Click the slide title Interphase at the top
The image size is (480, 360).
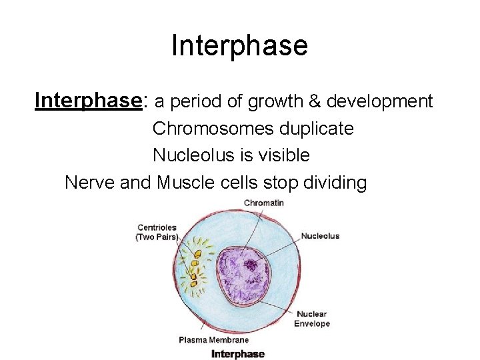tap(239, 45)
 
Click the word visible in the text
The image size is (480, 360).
tap(285, 155)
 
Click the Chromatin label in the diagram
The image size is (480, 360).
tap(263, 203)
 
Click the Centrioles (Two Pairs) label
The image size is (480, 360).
tap(157, 233)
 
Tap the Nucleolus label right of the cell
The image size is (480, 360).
tap(320, 236)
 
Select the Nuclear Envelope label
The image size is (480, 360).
tap(313, 319)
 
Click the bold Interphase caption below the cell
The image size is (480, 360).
tap(238, 354)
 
